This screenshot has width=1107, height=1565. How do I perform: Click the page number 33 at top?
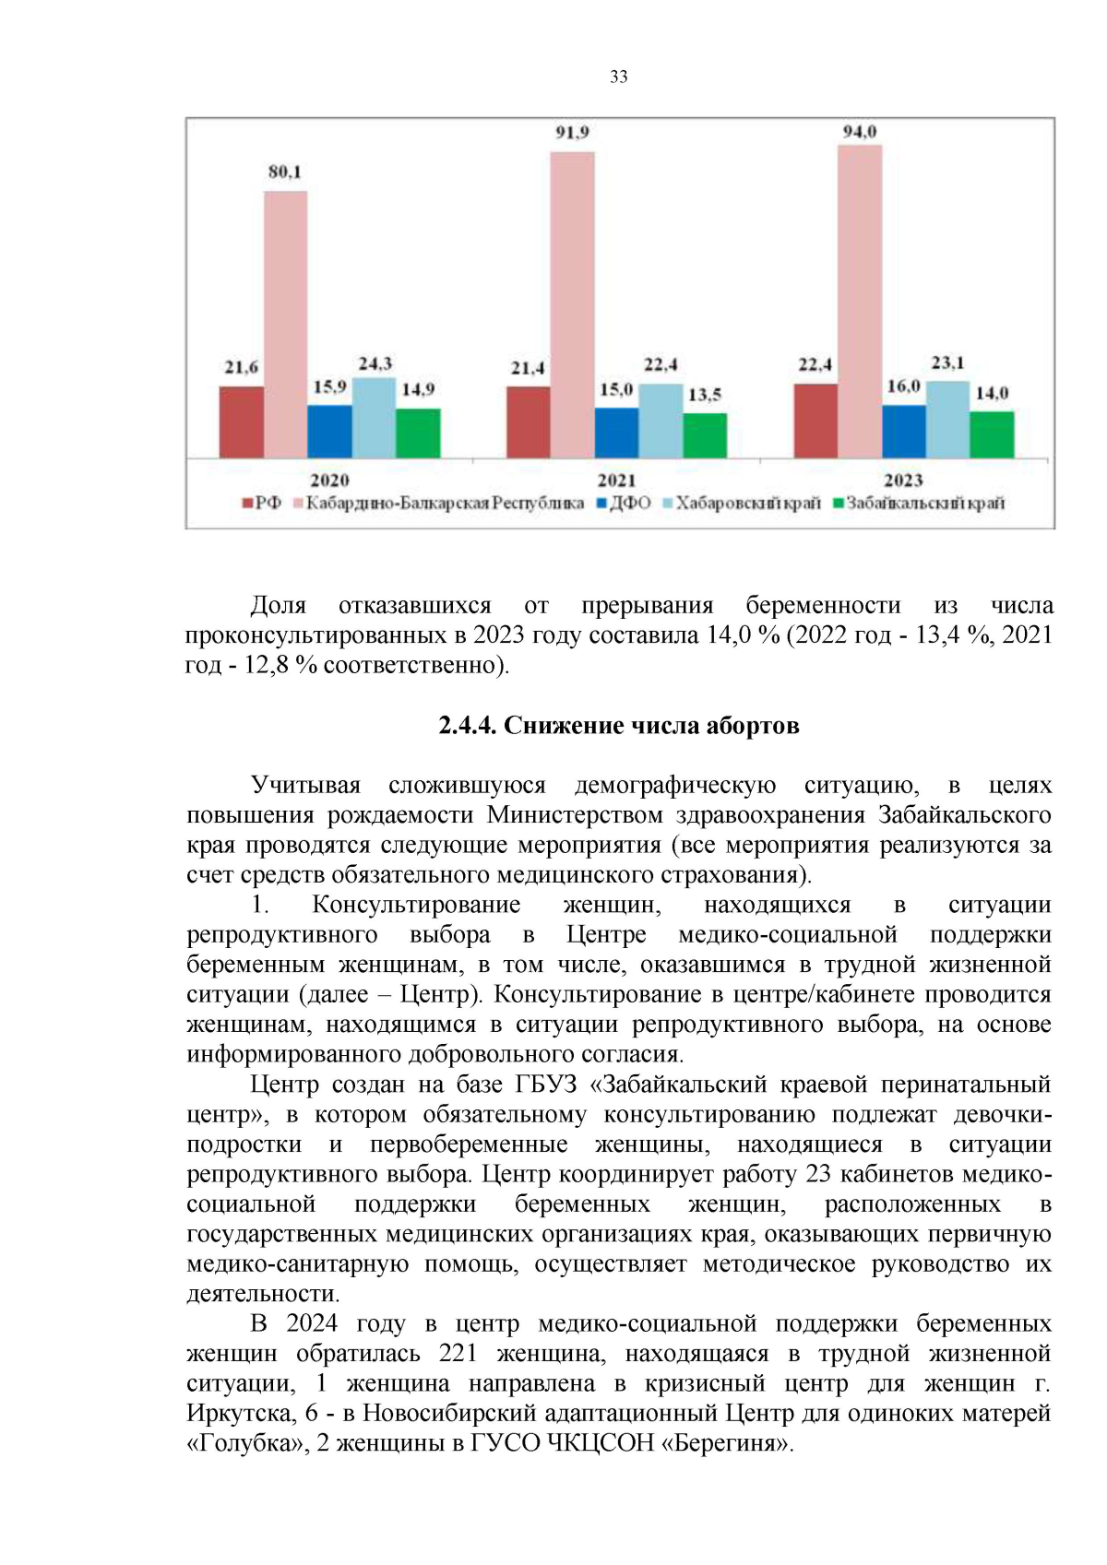(618, 77)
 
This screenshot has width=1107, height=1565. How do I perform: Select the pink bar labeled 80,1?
(285, 323)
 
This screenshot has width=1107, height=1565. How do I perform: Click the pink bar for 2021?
(572, 304)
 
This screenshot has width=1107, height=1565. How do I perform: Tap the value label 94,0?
(859, 132)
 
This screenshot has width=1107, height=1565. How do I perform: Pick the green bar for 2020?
(418, 433)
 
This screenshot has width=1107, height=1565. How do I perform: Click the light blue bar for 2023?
(947, 420)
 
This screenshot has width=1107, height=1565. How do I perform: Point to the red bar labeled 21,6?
(241, 421)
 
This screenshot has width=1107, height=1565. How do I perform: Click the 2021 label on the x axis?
(616, 480)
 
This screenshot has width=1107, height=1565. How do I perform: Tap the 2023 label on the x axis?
(903, 480)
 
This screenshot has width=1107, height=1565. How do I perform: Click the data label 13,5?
(704, 395)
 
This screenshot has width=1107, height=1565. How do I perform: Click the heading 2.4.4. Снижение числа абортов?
(618, 726)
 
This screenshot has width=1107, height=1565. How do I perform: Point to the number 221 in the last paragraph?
(458, 1354)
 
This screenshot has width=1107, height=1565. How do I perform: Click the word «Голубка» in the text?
(242, 1443)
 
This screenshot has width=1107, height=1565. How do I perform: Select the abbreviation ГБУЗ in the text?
(540, 1085)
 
